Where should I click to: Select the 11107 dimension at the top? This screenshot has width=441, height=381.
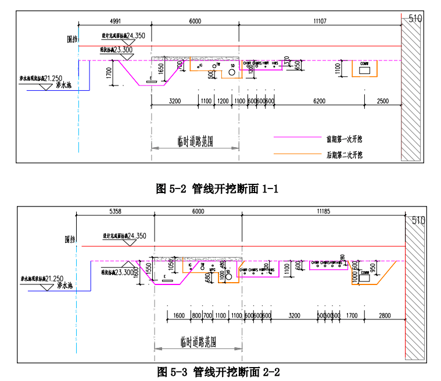pos(320,21)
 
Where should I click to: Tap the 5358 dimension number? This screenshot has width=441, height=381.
pos(115,212)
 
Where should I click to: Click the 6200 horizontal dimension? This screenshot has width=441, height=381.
pos(318,101)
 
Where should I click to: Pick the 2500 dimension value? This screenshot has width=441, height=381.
pos(383,101)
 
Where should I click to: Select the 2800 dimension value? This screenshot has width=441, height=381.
pos(385,315)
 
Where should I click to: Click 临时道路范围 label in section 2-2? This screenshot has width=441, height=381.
pos(198,341)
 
